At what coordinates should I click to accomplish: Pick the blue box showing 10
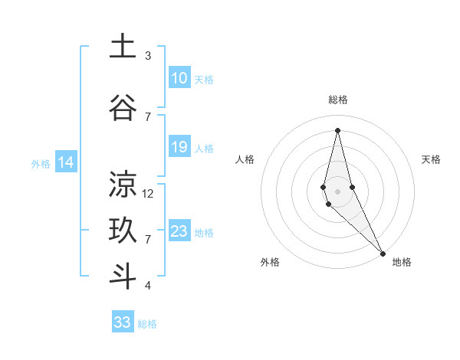click(x=179, y=78)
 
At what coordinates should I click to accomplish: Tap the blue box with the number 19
click(x=179, y=147)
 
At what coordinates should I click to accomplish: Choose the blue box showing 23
click(x=179, y=231)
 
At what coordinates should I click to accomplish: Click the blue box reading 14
click(x=66, y=162)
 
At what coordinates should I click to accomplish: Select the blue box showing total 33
click(x=123, y=322)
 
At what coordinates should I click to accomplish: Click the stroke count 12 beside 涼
click(x=148, y=194)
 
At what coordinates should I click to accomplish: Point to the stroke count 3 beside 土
click(x=148, y=56)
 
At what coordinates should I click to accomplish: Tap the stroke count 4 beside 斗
click(x=148, y=286)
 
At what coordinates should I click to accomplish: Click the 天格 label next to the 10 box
click(x=204, y=80)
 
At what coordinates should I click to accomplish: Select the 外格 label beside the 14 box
click(x=40, y=163)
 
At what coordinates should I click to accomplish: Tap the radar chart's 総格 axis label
click(x=338, y=100)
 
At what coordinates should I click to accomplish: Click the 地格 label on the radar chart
click(x=402, y=262)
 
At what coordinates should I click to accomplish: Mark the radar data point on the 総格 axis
click(x=337, y=129)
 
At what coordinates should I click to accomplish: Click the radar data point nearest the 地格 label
click(x=383, y=253)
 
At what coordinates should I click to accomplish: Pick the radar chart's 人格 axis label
click(x=245, y=159)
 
